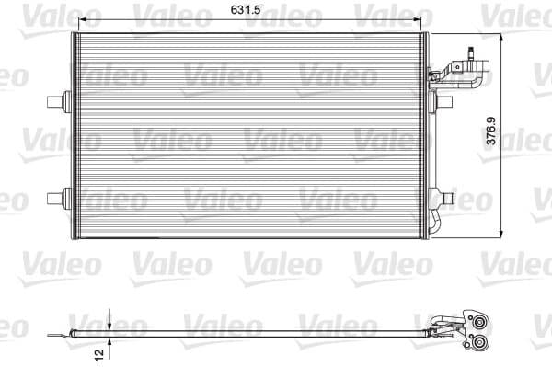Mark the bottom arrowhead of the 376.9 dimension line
500,234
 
